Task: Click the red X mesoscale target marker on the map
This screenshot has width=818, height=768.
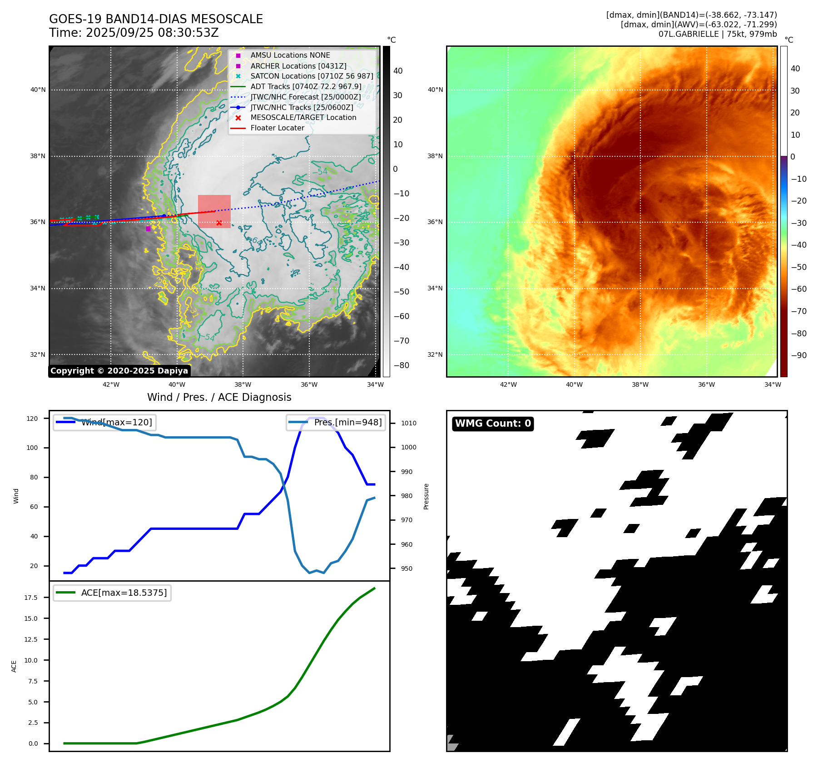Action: [x=219, y=223]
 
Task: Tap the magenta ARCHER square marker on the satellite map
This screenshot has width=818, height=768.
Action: [x=148, y=229]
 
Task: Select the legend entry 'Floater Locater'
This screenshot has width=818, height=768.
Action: [x=277, y=128]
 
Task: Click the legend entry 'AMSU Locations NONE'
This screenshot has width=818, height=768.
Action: [x=290, y=55]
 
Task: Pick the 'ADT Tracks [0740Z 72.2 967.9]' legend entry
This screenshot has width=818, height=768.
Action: [x=306, y=86]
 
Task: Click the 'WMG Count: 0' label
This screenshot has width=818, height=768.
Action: [x=493, y=424]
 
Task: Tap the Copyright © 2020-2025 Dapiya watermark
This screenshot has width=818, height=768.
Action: [x=119, y=371]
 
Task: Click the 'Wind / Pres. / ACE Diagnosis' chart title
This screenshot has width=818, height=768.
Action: [x=219, y=397]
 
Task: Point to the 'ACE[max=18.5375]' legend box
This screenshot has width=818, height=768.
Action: [x=112, y=593]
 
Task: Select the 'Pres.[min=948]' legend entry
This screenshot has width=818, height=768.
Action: [x=336, y=423]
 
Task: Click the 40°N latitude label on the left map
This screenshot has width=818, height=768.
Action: [x=38, y=90]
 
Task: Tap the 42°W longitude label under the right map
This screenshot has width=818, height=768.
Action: [x=508, y=384]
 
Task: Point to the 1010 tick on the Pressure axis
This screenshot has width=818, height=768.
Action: [x=408, y=423]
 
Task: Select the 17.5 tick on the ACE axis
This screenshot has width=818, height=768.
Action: [x=31, y=598]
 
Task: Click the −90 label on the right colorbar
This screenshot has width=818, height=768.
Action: [x=798, y=355]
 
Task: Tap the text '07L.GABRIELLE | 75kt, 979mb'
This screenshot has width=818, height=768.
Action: [x=718, y=34]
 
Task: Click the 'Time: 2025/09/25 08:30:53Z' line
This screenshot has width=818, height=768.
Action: [x=134, y=33]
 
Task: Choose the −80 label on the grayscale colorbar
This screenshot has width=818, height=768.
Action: [x=401, y=365]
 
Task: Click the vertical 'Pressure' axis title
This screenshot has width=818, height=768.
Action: [x=426, y=496]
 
